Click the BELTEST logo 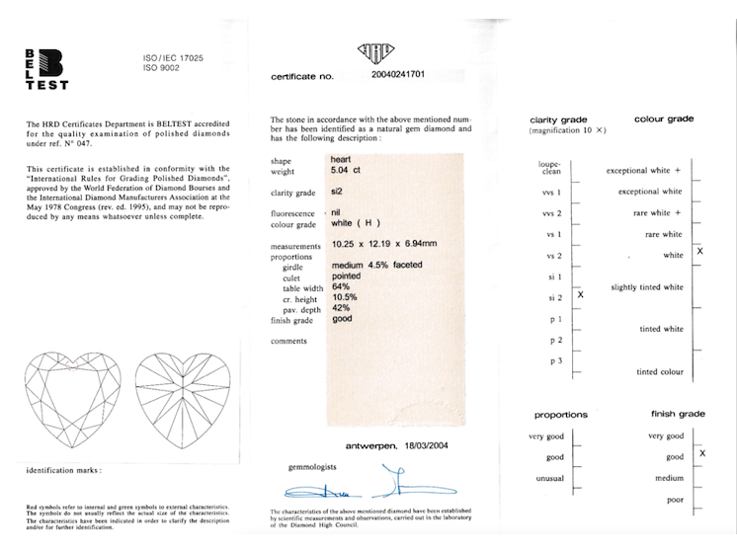point(44,69)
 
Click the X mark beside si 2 point(581,294)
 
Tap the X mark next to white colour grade point(700,253)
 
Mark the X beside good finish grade point(701,453)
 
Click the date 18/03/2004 point(428,446)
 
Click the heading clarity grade point(559,119)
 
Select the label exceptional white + point(644,171)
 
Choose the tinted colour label point(660,372)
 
